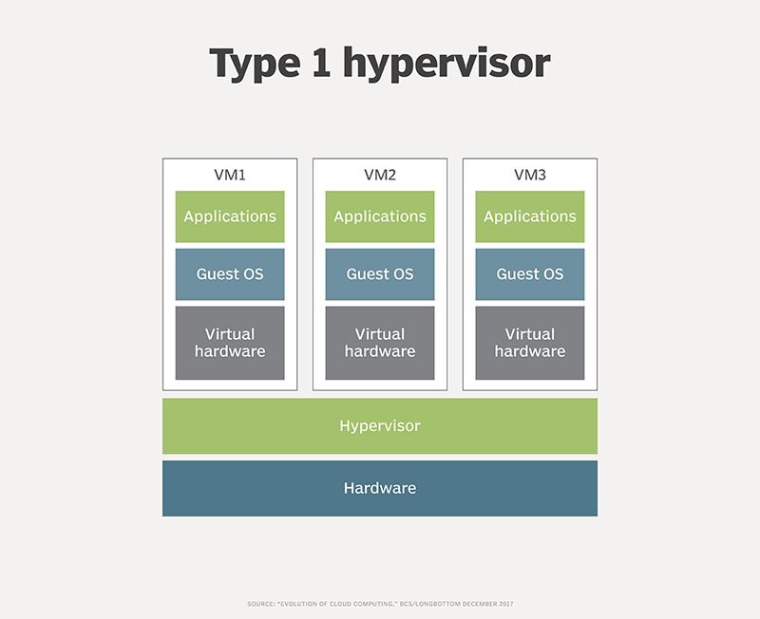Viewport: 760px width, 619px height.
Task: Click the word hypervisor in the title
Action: click(446, 64)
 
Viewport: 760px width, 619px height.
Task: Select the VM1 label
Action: click(230, 175)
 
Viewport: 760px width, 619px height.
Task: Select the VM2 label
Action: click(380, 175)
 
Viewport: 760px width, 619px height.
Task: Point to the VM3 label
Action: click(530, 175)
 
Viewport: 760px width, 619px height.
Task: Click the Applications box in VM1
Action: click(230, 216)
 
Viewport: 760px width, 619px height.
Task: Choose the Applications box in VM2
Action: click(380, 216)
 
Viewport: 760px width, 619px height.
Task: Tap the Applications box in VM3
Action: click(530, 216)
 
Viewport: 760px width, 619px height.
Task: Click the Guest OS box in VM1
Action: click(230, 274)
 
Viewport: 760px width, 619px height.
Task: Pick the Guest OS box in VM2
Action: click(380, 274)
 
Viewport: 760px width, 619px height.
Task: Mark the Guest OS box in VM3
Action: click(530, 274)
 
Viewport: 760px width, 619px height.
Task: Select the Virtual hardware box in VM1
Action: click(230, 343)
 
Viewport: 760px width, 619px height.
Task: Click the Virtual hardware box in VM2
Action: click(380, 343)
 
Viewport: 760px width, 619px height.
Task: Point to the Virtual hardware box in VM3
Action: click(530, 343)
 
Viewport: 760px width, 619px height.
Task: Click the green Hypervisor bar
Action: click(380, 426)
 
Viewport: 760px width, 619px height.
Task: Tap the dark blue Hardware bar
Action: click(380, 488)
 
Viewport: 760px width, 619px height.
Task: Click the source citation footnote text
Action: click(380, 604)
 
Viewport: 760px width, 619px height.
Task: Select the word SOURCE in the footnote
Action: click(260, 604)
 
